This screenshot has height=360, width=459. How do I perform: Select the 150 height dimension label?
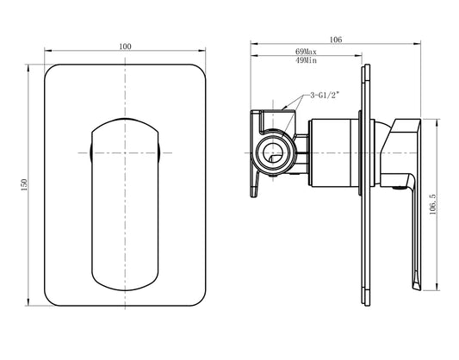tap(24, 185)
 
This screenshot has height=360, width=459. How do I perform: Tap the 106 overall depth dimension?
tap(336, 39)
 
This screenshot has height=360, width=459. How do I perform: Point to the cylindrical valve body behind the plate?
tap(332, 154)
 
